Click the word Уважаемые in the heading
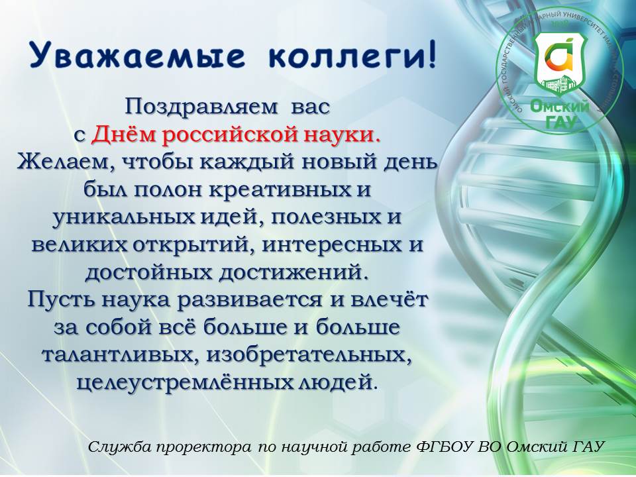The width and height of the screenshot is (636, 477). [x=138, y=56]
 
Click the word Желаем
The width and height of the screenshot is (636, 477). [x=66, y=163]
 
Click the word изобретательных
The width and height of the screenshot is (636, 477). [x=307, y=355]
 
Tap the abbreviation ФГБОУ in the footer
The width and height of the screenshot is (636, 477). [x=445, y=447]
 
